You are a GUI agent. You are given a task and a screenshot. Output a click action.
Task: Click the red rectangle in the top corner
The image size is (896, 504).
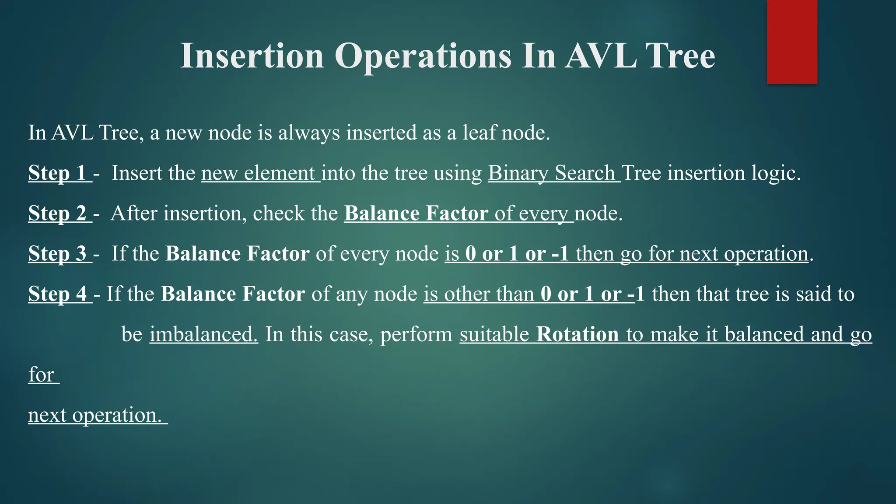pyautogui.click(x=792, y=42)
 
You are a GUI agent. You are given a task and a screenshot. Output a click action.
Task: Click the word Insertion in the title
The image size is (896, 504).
pyautogui.click(x=252, y=56)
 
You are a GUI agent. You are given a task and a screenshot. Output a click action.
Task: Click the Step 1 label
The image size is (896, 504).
pyautogui.click(x=57, y=173)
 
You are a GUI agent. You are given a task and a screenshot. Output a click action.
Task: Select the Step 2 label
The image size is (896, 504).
pyautogui.click(x=57, y=213)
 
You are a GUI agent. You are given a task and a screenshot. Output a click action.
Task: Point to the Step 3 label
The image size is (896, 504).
pyautogui.click(x=57, y=254)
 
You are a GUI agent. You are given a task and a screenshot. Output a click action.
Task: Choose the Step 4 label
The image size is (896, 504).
pyautogui.click(x=57, y=294)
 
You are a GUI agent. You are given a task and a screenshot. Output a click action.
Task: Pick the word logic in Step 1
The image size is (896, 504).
pyautogui.click(x=775, y=173)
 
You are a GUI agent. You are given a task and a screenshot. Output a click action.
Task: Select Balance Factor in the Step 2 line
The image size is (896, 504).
pyautogui.click(x=416, y=213)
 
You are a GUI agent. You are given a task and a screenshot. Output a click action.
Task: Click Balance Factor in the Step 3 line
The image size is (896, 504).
pyautogui.click(x=237, y=254)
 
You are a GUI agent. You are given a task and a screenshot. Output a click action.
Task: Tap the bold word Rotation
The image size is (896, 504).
pyautogui.click(x=577, y=334)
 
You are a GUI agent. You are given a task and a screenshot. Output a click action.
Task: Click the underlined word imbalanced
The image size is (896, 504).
pyautogui.click(x=204, y=334)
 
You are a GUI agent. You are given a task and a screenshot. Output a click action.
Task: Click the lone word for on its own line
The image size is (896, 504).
pyautogui.click(x=41, y=375)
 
